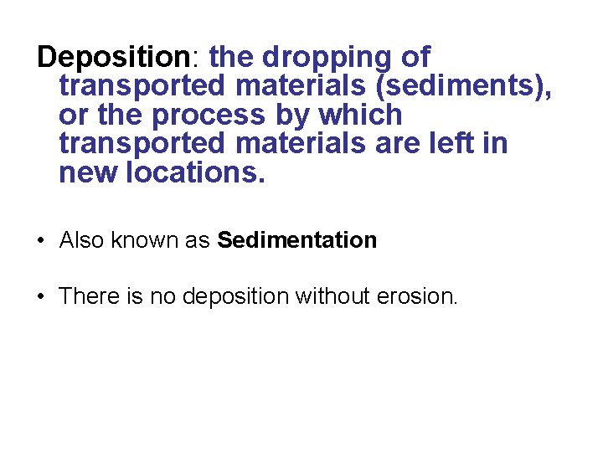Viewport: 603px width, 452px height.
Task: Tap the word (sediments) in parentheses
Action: [x=457, y=86]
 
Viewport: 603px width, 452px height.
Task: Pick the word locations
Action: [x=194, y=172]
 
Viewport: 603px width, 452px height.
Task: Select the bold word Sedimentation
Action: [x=296, y=241]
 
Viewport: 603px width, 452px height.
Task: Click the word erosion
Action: [x=417, y=296]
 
